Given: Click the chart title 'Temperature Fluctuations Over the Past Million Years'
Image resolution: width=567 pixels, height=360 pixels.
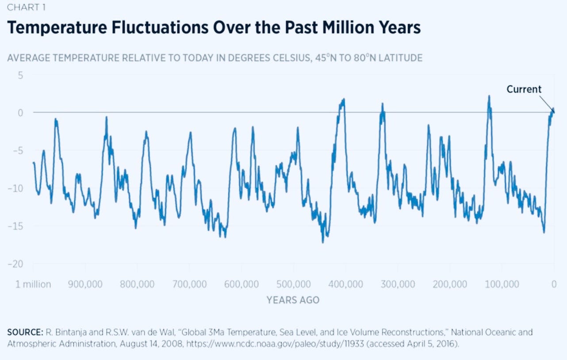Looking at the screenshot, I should pyautogui.click(x=214, y=28).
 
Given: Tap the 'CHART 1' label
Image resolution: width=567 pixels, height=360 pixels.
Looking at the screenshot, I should pyautogui.click(x=26, y=8).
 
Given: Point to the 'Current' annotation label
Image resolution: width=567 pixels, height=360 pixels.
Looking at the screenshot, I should pyautogui.click(x=524, y=89).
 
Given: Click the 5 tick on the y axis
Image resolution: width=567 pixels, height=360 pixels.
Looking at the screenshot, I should pyautogui.click(x=21, y=75).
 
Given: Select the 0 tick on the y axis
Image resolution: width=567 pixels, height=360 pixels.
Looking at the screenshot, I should pyautogui.click(x=20, y=113).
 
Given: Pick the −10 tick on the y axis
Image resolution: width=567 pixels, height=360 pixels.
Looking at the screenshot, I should pyautogui.click(x=17, y=188).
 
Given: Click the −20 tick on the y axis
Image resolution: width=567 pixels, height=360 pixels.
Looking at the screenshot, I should pyautogui.click(x=17, y=264).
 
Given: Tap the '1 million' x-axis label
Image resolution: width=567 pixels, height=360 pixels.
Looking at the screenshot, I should pyautogui.click(x=33, y=284).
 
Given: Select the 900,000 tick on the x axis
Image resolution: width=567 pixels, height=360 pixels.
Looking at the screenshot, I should pyautogui.click(x=85, y=284).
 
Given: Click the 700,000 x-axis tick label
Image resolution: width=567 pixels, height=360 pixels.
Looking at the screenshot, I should pyautogui.click(x=189, y=284).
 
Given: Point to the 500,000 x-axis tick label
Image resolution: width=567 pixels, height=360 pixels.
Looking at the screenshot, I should pyautogui.click(x=294, y=284).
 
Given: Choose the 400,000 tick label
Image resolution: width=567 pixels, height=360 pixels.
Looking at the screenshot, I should pyautogui.click(x=346, y=284).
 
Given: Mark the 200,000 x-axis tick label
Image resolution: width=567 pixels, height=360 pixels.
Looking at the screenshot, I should pyautogui.click(x=450, y=284).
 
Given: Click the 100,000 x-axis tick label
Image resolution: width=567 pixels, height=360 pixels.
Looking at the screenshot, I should pyautogui.click(x=502, y=284).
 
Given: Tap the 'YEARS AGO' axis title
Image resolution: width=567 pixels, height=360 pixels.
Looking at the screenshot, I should pyautogui.click(x=293, y=300).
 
